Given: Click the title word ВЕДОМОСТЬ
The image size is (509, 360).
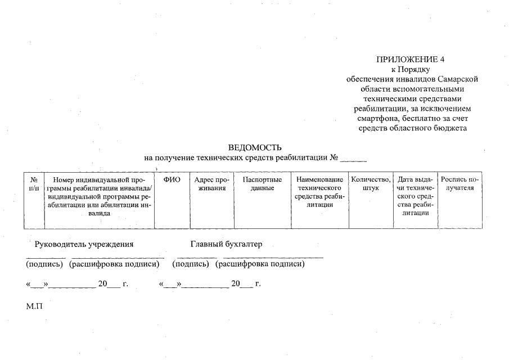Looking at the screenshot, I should (255, 147).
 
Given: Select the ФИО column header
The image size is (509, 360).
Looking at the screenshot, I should (172, 180).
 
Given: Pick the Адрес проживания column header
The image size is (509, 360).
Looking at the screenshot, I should (211, 184).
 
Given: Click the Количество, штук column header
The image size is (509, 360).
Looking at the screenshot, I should (371, 184).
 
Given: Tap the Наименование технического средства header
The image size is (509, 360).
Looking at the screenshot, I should (319, 192).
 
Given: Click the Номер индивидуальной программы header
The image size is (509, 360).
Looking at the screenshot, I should (99, 196).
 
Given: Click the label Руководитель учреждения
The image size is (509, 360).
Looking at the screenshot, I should (84, 244).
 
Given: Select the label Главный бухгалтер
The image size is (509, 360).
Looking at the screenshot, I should (227, 244).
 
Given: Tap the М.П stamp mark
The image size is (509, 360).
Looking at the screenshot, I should (34, 307).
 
